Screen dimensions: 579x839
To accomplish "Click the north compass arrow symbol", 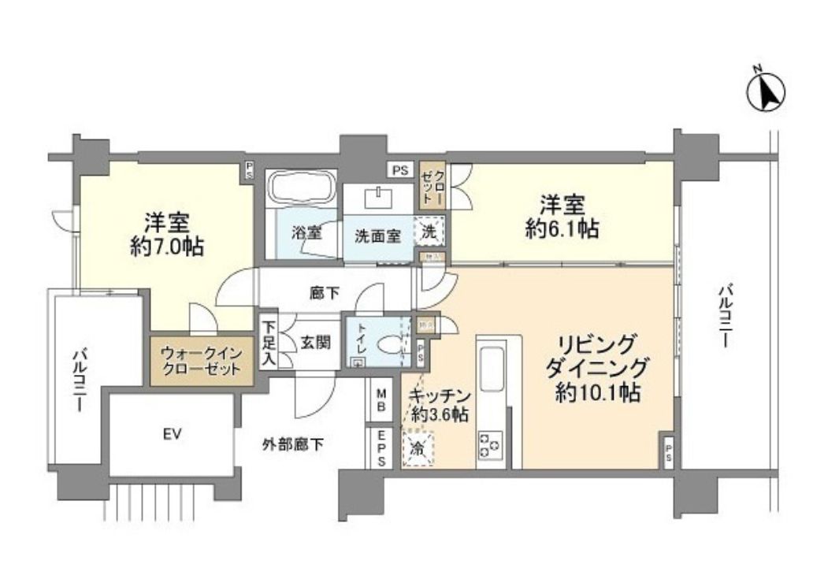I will (766, 91).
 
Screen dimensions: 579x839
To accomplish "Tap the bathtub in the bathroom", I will (302, 190).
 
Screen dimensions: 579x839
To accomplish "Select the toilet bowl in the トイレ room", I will (388, 344).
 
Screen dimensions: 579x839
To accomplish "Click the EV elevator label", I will (173, 434).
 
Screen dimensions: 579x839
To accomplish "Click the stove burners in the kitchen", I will (488, 447).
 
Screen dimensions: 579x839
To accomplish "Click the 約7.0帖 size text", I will (167, 247).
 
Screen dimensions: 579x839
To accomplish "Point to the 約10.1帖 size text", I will (597, 392).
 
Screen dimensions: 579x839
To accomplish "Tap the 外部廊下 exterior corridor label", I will (292, 444).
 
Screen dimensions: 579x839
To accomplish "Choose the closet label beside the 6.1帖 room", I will (432, 188).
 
